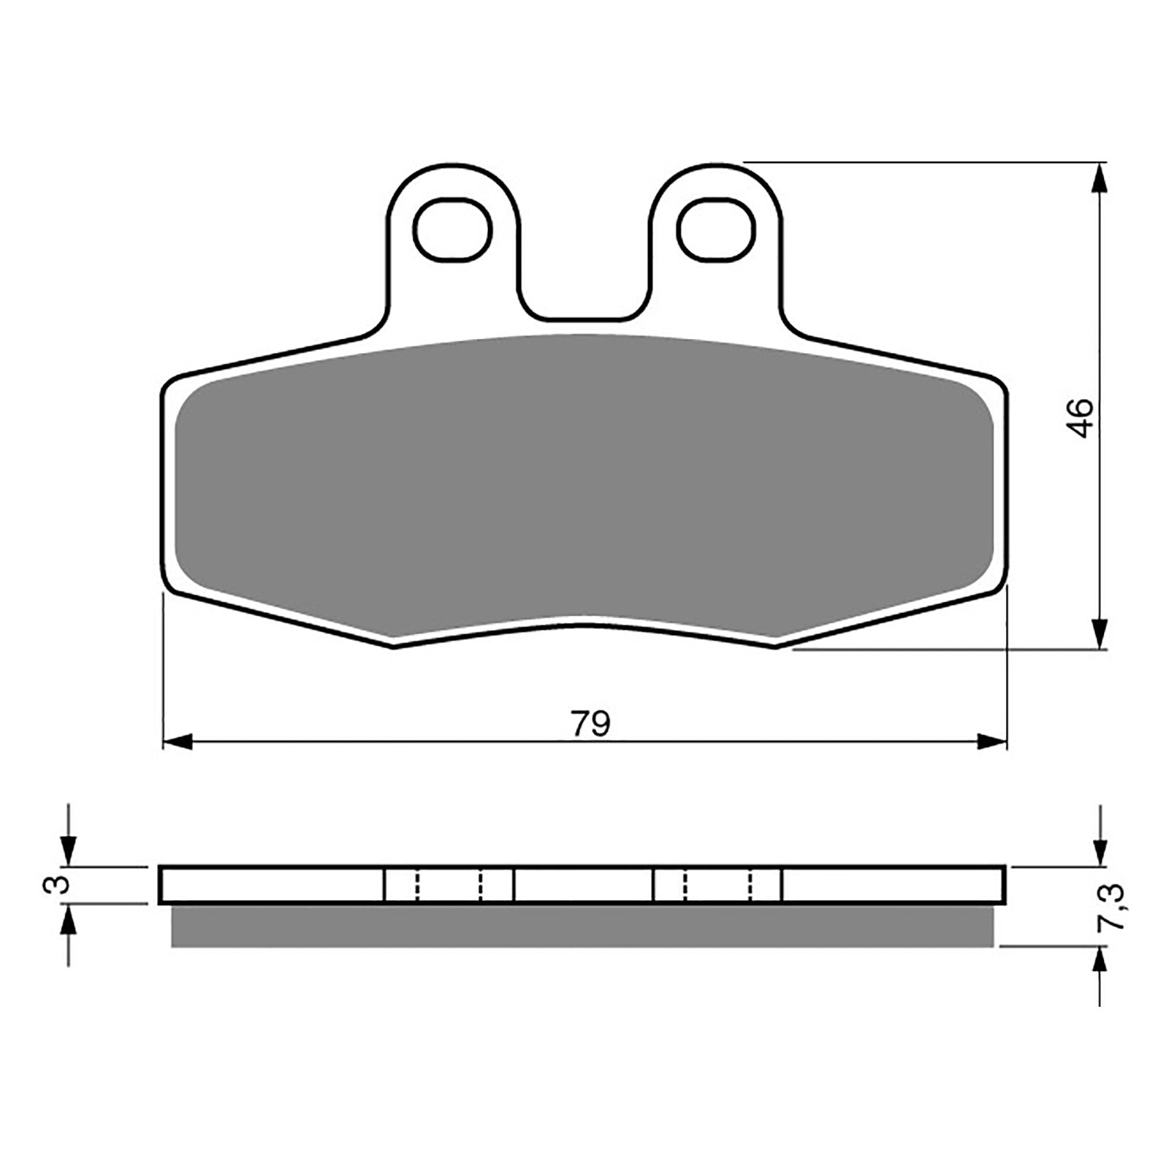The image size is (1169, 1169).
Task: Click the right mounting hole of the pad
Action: (715, 228)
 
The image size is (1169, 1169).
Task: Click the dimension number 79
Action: (590, 724)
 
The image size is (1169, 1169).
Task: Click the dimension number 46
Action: (1081, 418)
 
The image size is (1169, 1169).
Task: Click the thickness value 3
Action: (61, 885)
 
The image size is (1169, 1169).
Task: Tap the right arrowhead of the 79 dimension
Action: (992, 742)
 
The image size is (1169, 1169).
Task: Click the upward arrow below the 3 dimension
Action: (68, 922)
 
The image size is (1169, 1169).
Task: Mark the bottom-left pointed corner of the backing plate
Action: (393, 645)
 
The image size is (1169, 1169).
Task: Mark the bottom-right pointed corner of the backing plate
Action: (775, 645)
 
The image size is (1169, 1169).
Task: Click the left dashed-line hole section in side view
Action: (449, 885)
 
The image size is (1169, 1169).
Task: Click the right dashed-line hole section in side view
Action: (717, 885)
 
